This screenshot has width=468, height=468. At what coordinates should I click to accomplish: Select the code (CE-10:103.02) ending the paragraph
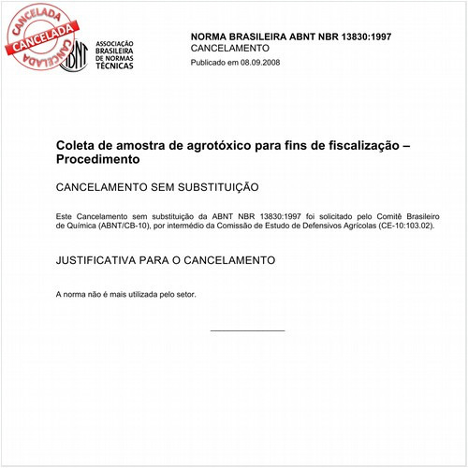pos(407,226)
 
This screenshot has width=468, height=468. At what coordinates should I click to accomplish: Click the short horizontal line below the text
pos(247,330)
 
